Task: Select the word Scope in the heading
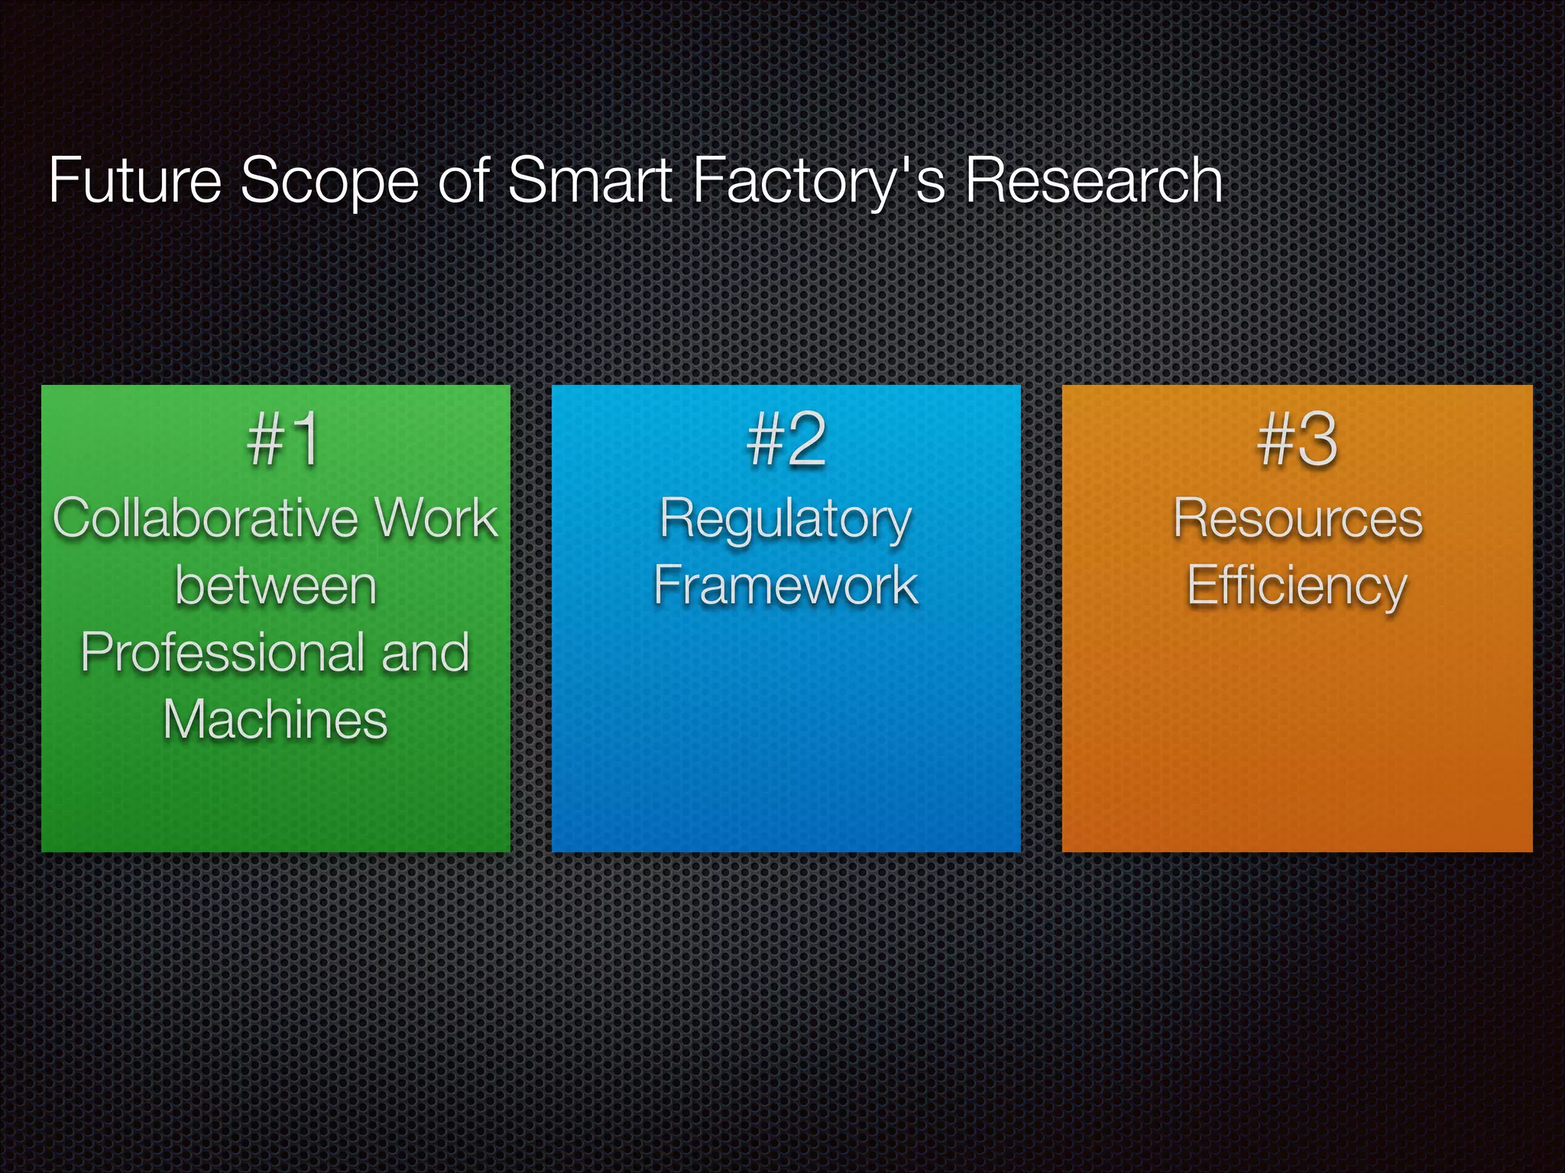329,182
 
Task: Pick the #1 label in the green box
284,440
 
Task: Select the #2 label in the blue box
786,440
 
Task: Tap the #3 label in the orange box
1297,440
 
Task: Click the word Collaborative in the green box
205,519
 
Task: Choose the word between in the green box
276,586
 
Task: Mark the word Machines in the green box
276,720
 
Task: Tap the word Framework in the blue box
786,586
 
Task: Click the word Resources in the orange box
1298,519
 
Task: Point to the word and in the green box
425,653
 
